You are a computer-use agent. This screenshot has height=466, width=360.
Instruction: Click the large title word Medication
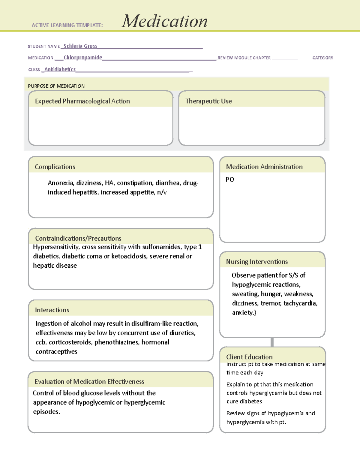(x=164, y=21)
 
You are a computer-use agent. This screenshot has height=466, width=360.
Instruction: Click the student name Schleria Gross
(x=80, y=46)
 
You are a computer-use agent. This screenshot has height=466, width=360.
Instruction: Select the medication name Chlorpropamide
(x=83, y=57)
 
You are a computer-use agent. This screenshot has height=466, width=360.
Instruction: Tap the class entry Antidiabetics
(x=60, y=69)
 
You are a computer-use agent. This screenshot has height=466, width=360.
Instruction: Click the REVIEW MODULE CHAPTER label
(x=244, y=58)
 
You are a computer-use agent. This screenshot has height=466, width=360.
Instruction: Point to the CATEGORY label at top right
(x=322, y=58)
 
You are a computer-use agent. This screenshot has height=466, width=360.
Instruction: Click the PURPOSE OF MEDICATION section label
(x=56, y=86)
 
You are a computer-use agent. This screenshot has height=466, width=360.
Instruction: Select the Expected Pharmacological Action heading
(x=82, y=101)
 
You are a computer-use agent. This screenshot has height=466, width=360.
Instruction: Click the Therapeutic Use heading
(x=208, y=101)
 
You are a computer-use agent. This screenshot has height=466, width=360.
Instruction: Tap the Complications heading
(x=55, y=167)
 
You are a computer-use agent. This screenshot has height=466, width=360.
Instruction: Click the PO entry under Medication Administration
(x=230, y=179)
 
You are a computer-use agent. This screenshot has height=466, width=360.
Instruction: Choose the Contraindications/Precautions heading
(x=78, y=238)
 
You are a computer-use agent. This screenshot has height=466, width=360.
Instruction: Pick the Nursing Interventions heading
(x=257, y=262)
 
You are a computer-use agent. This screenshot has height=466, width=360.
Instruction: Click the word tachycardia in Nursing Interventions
(x=300, y=303)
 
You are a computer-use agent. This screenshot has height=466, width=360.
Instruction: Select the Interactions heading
(x=52, y=310)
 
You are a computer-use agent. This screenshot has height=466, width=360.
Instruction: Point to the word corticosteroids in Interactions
(x=70, y=342)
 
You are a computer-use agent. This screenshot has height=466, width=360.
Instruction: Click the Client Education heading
(x=249, y=357)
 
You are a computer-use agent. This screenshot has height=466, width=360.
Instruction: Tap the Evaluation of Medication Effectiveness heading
(x=89, y=382)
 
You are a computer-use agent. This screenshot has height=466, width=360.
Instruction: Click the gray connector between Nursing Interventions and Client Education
(x=272, y=342)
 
